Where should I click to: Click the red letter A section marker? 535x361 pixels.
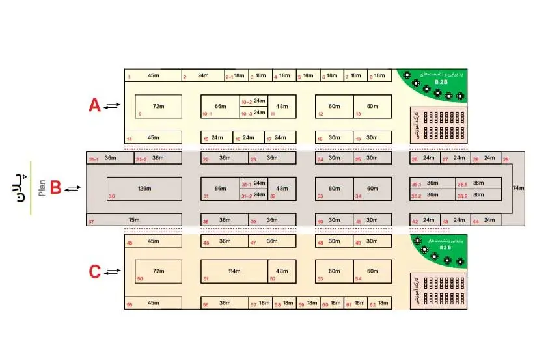(94, 105)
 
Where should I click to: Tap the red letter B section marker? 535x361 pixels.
(55, 188)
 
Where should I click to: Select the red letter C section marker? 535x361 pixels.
(94, 271)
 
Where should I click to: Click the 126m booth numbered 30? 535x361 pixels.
(144, 188)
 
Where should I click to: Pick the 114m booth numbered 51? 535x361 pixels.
(234, 271)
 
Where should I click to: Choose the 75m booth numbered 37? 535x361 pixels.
(134, 221)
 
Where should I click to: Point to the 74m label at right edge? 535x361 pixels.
(518, 188)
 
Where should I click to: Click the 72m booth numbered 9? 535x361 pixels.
(158, 106)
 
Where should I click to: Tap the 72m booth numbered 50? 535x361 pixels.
(158, 271)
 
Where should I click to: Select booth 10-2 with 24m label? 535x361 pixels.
(254, 101)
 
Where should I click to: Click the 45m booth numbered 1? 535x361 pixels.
(152, 75)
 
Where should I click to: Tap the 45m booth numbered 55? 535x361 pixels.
(152, 303)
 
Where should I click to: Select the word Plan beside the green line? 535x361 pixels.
(40, 188)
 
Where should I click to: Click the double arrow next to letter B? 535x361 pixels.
(74, 188)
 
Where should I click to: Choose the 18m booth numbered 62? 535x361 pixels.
(381, 303)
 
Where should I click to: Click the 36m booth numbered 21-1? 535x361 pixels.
(110, 158)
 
